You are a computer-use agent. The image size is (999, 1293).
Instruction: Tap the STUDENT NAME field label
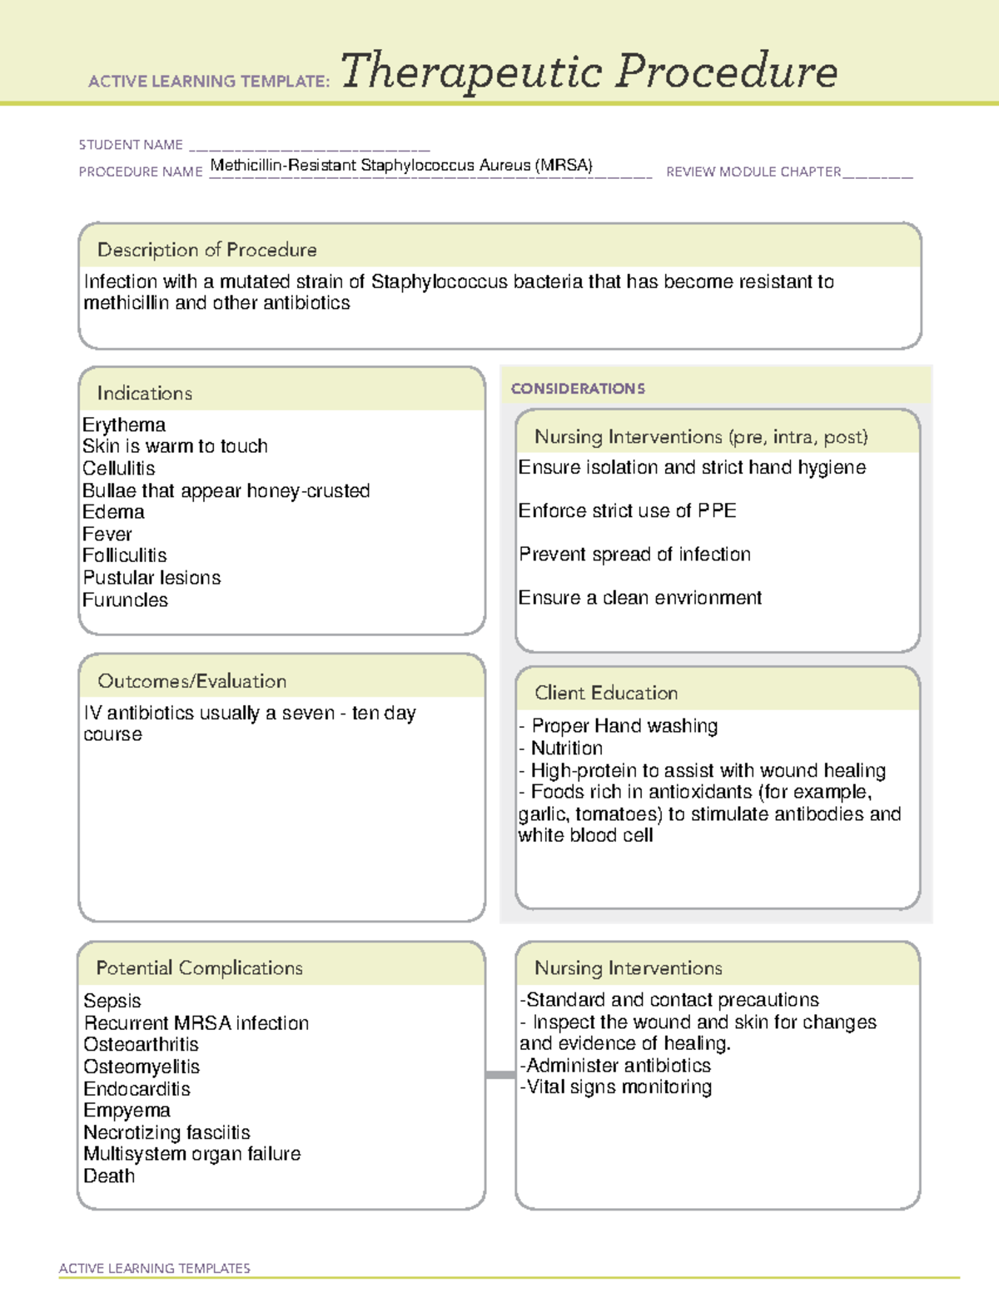point(131,145)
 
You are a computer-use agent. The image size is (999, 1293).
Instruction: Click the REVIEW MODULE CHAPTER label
point(753,172)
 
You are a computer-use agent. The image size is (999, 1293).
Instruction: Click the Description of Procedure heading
point(206,250)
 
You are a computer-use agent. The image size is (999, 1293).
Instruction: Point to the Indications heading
point(144,393)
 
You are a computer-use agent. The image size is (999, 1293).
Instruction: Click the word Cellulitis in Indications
point(118,468)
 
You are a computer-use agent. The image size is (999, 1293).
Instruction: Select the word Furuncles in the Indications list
point(125,599)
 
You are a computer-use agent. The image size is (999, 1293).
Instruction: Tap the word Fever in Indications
point(107,534)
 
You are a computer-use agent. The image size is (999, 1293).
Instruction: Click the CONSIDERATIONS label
point(578,389)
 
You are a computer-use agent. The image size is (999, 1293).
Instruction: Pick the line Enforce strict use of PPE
point(627,510)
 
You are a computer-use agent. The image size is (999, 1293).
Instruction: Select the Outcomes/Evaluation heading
point(191,681)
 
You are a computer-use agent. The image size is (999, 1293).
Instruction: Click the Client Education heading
point(606,693)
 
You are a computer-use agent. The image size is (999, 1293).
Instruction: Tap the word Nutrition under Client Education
point(567,748)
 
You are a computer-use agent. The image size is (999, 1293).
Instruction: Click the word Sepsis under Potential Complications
point(112,1001)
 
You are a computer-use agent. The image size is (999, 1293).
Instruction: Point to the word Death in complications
point(109,1176)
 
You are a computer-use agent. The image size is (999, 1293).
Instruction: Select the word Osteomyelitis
point(142,1067)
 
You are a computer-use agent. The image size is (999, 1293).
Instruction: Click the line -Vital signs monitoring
point(616,1087)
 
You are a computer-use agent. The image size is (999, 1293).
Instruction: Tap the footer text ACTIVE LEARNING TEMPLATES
point(154,1268)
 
